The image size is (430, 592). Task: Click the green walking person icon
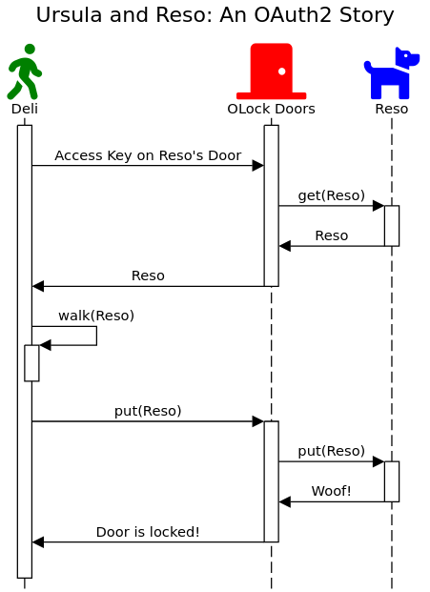25,71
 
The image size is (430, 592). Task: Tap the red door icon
271,71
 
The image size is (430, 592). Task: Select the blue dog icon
392,72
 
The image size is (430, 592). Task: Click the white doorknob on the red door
281,71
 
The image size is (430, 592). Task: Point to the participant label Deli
25,109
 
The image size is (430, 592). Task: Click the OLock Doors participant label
271,109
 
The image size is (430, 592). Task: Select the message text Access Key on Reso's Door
148,155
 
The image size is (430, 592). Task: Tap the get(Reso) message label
332,195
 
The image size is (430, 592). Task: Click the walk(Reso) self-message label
96,316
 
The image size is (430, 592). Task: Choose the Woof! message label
332,491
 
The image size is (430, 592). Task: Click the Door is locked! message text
148,532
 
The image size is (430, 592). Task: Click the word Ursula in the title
69,15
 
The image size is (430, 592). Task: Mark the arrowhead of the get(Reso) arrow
379,206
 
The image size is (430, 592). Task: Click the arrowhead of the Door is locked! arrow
38,542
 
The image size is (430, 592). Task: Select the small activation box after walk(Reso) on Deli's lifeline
31,363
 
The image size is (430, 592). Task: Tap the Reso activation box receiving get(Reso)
392,226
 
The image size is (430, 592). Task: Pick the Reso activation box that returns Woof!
392,481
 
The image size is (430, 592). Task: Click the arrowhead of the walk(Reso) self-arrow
45,345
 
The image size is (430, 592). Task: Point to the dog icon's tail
368,67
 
